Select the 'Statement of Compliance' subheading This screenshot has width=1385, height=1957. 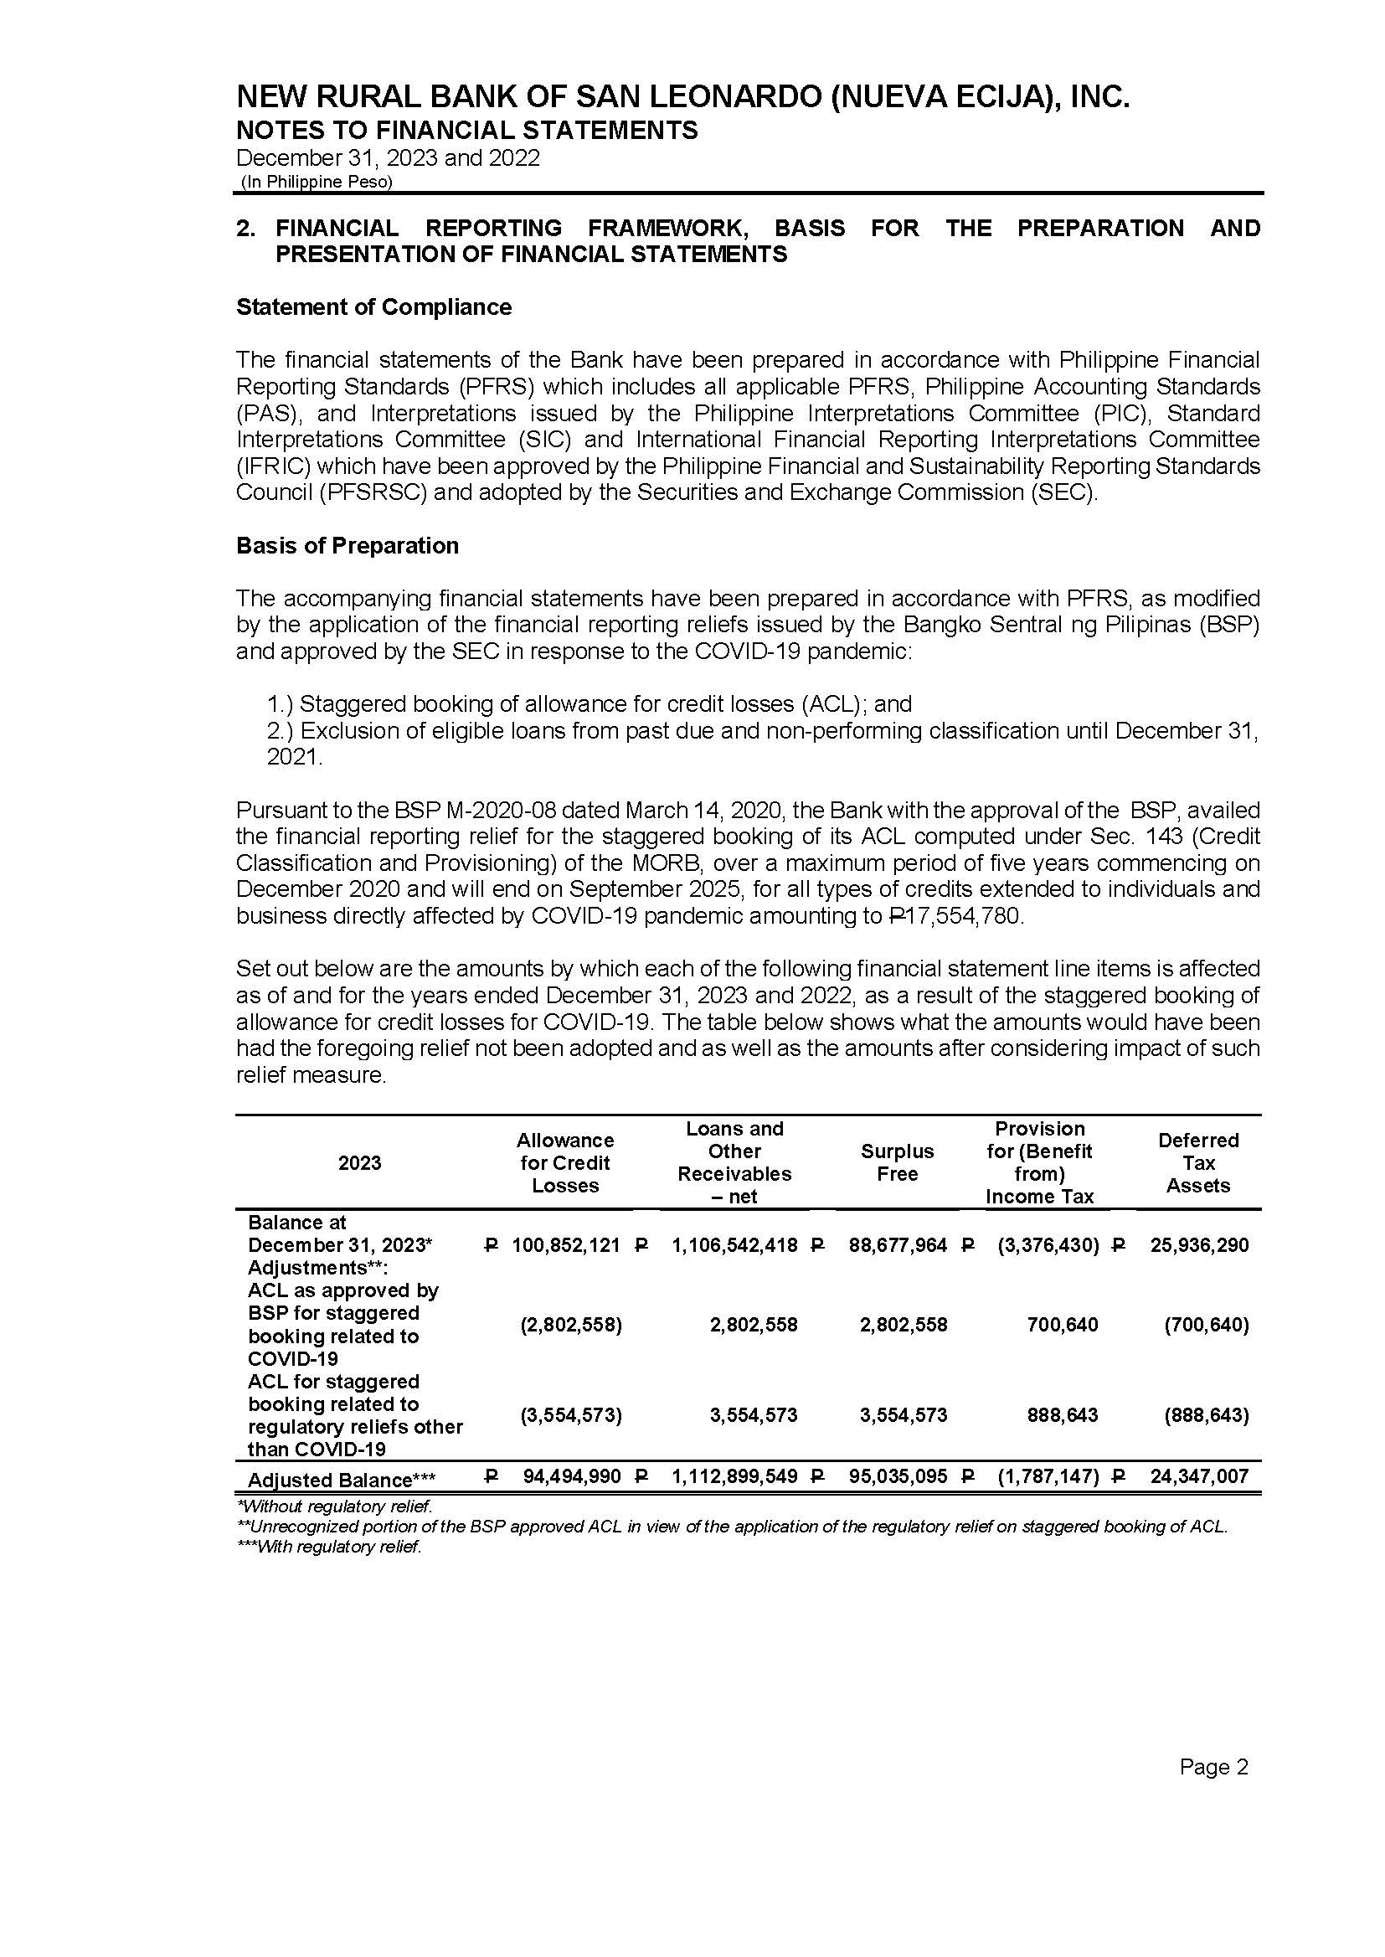pyautogui.click(x=373, y=307)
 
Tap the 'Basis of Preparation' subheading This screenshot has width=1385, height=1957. pyautogui.click(x=348, y=546)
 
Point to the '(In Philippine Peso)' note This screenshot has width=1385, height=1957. pyautogui.click(x=317, y=182)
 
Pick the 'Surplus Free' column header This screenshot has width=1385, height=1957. pyautogui.click(x=897, y=1162)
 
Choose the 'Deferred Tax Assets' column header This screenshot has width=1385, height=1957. pyautogui.click(x=1197, y=1162)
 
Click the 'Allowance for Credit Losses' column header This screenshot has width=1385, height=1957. pyautogui.click(x=564, y=1162)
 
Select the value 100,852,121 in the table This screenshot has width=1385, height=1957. pyautogui.click(x=565, y=1245)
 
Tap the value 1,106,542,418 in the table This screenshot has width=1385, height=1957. pyautogui.click(x=734, y=1245)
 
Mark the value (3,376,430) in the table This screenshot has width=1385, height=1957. pyautogui.click(x=1048, y=1245)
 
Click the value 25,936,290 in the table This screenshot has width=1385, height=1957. pyautogui.click(x=1199, y=1245)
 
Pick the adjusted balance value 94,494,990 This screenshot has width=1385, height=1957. pyautogui.click(x=571, y=1476)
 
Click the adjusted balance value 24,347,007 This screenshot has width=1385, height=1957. pyautogui.click(x=1199, y=1476)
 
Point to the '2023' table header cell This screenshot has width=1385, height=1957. pyautogui.click(x=359, y=1163)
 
